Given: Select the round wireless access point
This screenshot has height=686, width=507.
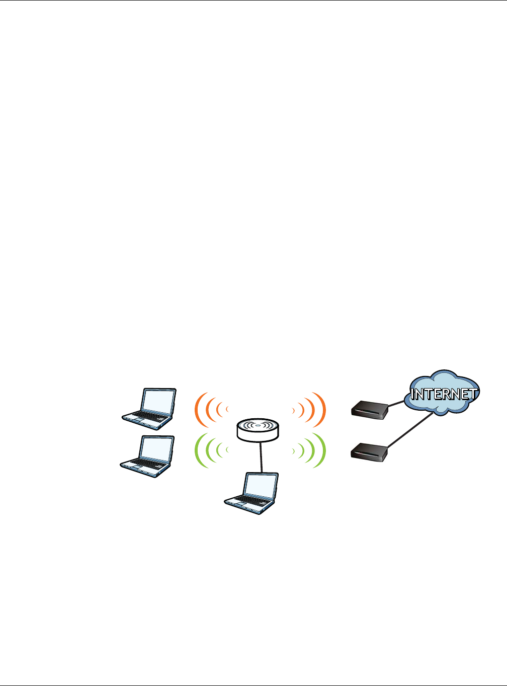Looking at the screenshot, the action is tap(258, 429).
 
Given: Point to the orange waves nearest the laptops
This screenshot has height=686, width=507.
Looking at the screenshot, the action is tap(211, 411).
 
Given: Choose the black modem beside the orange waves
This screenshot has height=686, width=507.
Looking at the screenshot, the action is tap(370, 410).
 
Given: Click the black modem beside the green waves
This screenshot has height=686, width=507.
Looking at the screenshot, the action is tap(370, 451).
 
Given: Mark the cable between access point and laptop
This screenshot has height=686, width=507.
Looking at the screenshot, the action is tap(261, 456).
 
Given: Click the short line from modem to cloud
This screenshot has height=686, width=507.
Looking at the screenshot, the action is tap(397, 404).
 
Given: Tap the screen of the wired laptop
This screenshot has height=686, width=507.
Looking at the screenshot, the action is tap(261, 485).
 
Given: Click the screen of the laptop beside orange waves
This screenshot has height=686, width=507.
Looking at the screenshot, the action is tap(158, 401).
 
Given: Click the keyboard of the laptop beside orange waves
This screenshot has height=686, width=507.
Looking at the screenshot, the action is tap(143, 417).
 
